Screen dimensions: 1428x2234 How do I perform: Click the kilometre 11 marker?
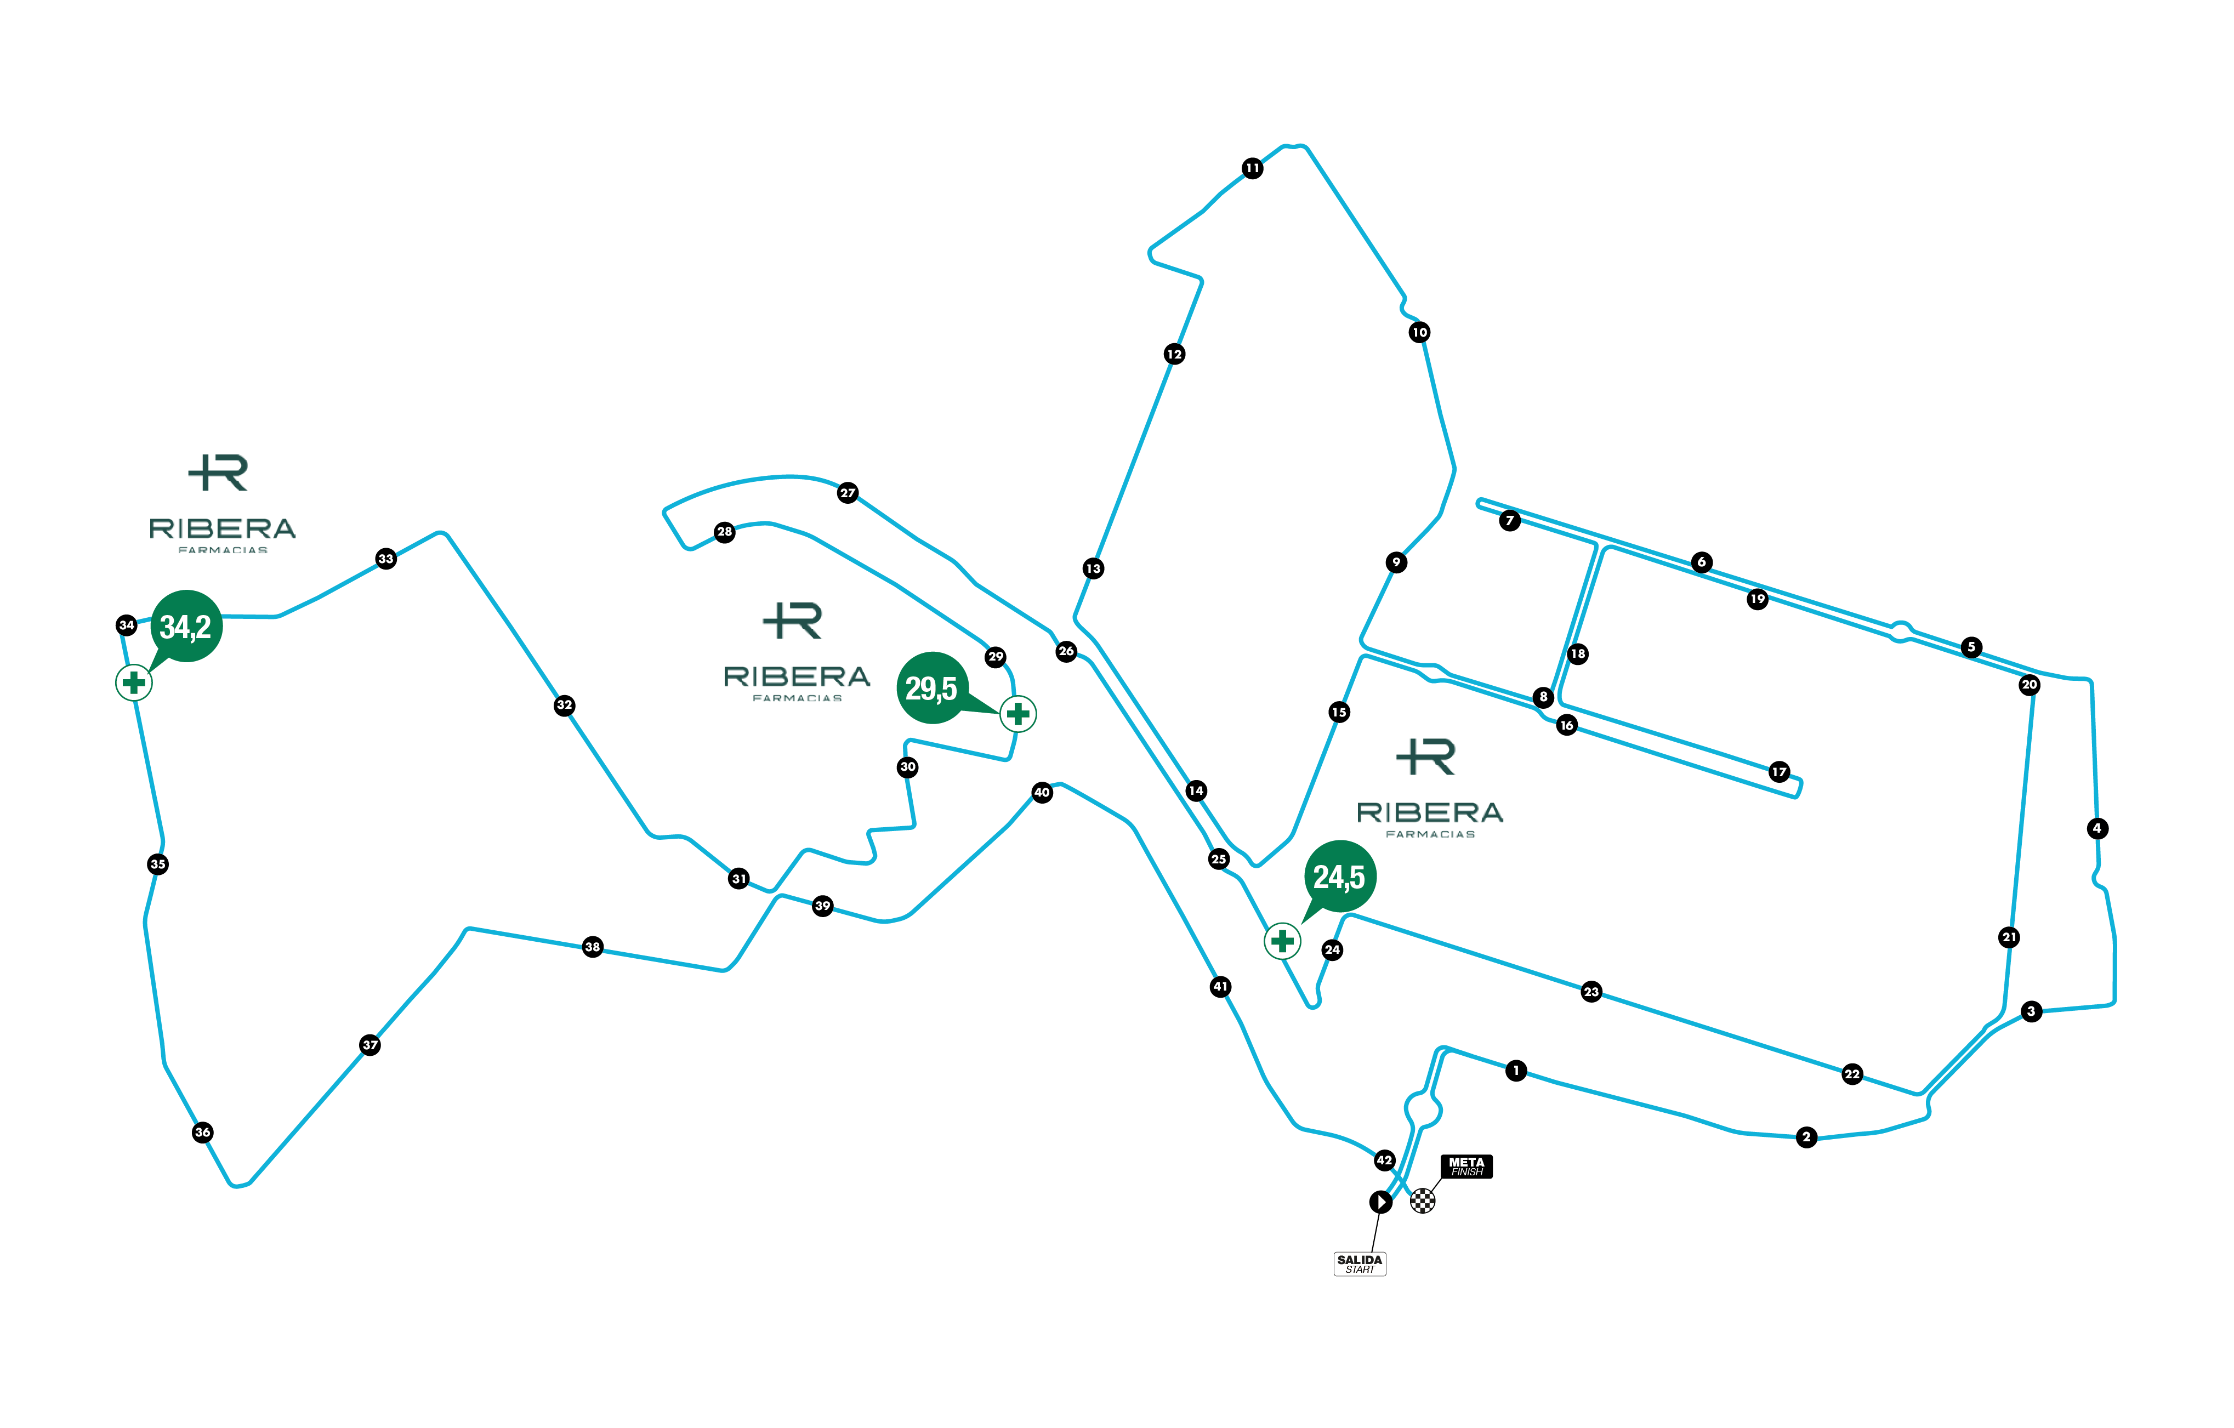point(1253,168)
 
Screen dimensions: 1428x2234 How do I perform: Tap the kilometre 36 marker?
point(202,1132)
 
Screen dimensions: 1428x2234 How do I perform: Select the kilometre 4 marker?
point(2097,829)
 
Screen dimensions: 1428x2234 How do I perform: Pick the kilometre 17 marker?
point(1778,772)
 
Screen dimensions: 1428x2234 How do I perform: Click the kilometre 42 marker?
point(1384,1160)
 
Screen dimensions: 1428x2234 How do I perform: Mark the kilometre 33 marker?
point(386,559)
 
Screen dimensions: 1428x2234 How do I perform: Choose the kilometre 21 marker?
point(2009,937)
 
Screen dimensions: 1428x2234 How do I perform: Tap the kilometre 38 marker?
point(593,947)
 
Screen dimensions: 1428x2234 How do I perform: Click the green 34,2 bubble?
point(186,627)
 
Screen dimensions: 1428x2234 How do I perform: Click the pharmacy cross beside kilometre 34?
point(134,683)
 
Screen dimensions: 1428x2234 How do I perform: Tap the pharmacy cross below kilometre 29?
point(1017,714)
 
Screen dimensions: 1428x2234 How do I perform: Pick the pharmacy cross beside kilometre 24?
point(1282,941)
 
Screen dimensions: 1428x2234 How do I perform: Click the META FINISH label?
point(1466,1167)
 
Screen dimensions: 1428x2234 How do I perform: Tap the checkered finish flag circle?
point(1422,1201)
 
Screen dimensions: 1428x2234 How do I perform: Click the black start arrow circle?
point(1380,1202)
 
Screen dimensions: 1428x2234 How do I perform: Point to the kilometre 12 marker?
point(1174,354)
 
